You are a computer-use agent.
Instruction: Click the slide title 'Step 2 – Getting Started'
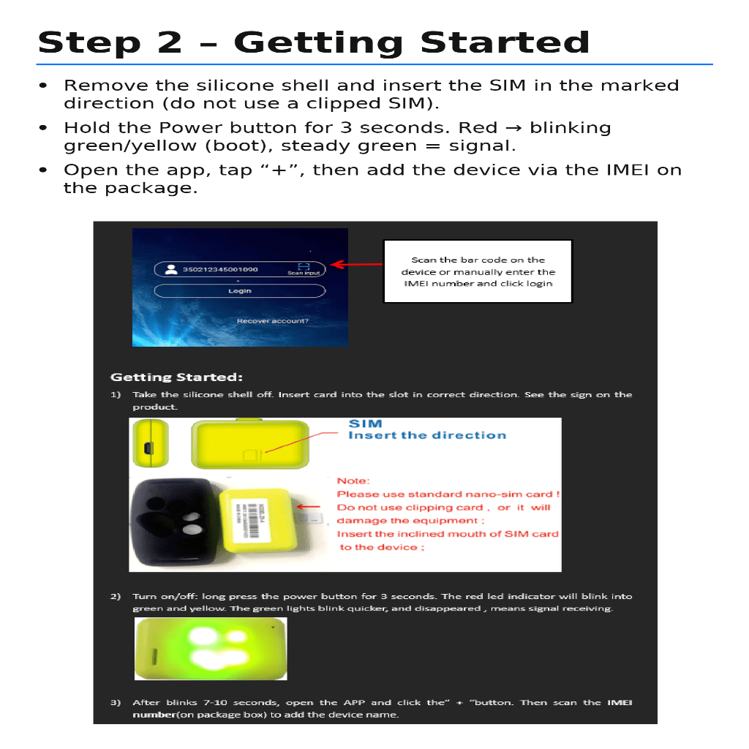313,42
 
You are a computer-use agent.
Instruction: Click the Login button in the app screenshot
239,291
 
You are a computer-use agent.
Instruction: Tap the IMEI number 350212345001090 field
219,269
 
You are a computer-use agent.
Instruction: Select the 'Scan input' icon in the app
304,268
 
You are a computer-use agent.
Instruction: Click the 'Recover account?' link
272,321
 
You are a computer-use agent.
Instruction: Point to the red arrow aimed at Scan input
357,264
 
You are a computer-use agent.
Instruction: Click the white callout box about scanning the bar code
478,271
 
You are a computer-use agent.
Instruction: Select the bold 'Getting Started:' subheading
176,377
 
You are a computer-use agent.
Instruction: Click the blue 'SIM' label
365,424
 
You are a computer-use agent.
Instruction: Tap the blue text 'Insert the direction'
426,435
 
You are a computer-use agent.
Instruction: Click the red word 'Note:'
353,481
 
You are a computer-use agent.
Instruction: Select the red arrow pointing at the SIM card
311,506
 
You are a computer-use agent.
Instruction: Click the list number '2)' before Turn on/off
116,596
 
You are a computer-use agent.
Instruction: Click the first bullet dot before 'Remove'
44,86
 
